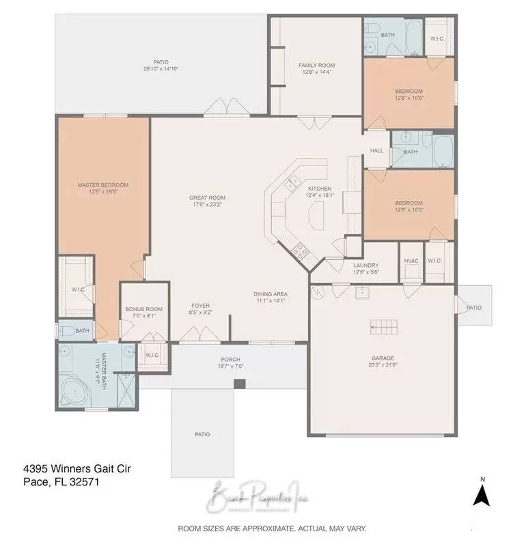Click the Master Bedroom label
(x=102, y=185)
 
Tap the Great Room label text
(x=207, y=198)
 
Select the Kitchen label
(x=319, y=189)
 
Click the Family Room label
(x=315, y=66)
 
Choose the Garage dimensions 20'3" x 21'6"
(x=383, y=365)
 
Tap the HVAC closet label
(x=411, y=260)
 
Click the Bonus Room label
(x=144, y=309)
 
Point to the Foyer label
(x=200, y=306)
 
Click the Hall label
(x=376, y=150)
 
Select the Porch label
(x=230, y=359)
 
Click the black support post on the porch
(x=239, y=384)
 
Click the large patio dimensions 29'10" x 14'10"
(x=161, y=69)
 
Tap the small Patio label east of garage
(x=473, y=308)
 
